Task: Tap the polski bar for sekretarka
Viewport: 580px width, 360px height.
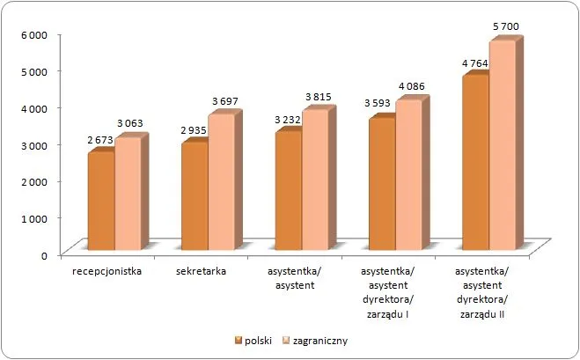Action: tap(194, 199)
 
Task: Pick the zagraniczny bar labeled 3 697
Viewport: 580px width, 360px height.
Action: tap(221, 185)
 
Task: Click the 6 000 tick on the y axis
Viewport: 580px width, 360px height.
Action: tap(33, 34)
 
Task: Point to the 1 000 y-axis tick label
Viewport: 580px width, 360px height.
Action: tap(33, 217)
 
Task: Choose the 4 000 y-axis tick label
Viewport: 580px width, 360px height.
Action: tap(33, 107)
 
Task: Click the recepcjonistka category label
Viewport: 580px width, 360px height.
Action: tap(108, 271)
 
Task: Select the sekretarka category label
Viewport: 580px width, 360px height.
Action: tap(202, 271)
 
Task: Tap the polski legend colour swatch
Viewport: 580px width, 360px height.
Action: tap(238, 339)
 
